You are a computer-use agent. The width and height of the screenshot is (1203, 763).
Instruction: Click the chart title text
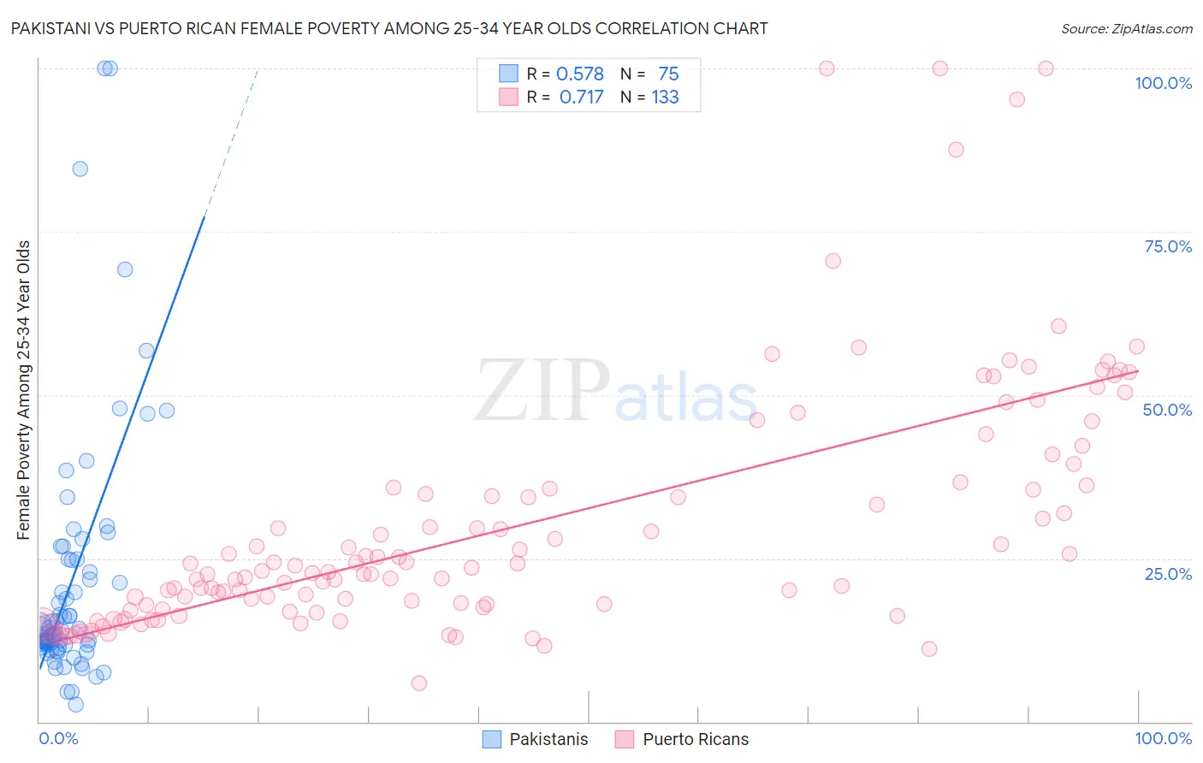[x=389, y=28]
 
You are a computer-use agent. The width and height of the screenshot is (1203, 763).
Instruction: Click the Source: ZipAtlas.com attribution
[x=1126, y=28]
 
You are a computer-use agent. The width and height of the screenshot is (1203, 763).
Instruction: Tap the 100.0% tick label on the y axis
[x=1163, y=83]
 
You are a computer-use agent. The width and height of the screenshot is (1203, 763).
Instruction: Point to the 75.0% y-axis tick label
[x=1167, y=246]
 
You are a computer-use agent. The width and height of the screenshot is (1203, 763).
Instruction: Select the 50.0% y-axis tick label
[x=1167, y=410]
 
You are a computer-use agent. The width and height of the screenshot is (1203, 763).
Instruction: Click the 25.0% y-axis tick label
[x=1167, y=573]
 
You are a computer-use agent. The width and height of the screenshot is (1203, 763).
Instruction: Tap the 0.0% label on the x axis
[x=58, y=738]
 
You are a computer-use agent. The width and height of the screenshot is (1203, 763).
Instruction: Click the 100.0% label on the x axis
[x=1163, y=738]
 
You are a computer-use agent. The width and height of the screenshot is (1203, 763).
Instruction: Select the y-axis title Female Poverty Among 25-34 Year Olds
[x=24, y=390]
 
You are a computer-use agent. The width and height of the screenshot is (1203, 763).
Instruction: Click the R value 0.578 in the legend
[x=579, y=74]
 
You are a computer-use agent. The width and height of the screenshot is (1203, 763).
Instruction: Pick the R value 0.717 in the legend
[x=581, y=98]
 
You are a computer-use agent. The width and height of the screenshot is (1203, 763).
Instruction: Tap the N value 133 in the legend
[x=665, y=98]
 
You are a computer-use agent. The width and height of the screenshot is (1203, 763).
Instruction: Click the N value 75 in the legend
[x=668, y=74]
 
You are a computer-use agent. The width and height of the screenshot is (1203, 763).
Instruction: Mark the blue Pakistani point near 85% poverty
[x=80, y=169]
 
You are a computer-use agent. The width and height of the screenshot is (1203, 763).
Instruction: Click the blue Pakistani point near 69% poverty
[x=125, y=269]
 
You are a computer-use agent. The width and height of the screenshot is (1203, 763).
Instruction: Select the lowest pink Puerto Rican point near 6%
[x=418, y=683]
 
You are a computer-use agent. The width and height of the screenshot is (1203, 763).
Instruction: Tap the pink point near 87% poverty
[x=956, y=150]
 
